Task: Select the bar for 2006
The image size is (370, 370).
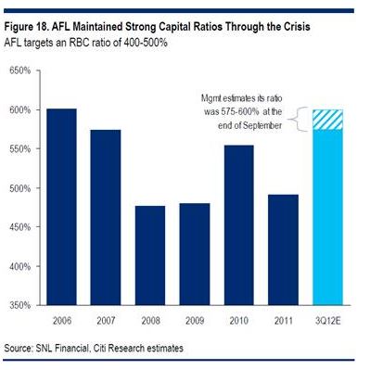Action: click(x=61, y=207)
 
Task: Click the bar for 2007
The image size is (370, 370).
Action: click(x=106, y=218)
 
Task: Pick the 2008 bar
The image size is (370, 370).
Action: click(x=150, y=256)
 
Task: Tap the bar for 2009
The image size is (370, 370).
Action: click(x=195, y=254)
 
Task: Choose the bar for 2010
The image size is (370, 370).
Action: click(x=239, y=225)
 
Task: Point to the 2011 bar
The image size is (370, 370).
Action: click(x=284, y=250)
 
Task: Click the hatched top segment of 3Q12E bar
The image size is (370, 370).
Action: click(x=327, y=120)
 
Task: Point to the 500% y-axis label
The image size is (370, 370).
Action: click(x=20, y=188)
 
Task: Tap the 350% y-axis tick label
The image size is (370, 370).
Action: click(x=20, y=305)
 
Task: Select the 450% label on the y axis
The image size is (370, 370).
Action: click(x=20, y=227)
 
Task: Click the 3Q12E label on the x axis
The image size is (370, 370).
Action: click(x=327, y=321)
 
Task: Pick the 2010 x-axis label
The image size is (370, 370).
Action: click(x=239, y=321)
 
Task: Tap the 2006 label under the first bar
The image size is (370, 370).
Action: click(x=62, y=321)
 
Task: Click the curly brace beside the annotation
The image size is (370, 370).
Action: click(x=298, y=120)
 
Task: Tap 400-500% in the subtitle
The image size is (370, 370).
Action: click(x=146, y=43)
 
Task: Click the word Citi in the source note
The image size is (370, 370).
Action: click(x=98, y=348)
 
